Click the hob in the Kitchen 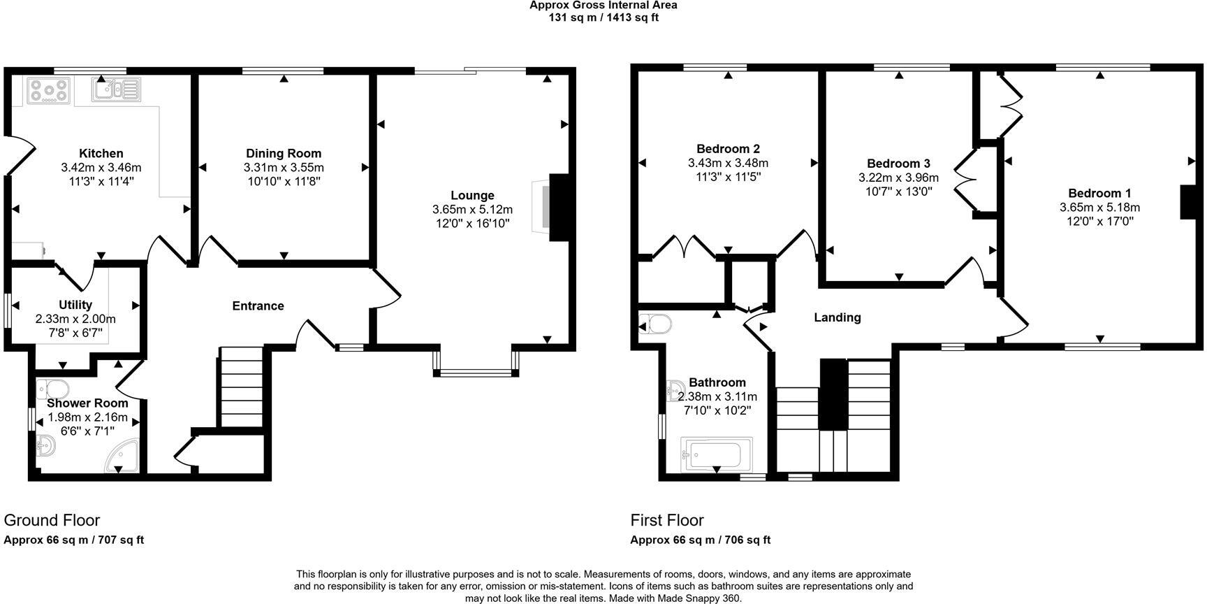click(49, 91)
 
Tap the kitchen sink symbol click(116, 89)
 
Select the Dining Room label click(284, 153)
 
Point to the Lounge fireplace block click(560, 207)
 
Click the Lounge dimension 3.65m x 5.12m click(472, 210)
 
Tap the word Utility click(75, 305)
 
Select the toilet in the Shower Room click(52, 387)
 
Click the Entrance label click(258, 305)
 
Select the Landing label click(837, 317)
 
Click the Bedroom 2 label click(728, 149)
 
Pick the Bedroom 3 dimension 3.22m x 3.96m click(898, 178)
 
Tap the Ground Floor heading click(52, 520)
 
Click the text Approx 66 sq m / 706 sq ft click(700, 540)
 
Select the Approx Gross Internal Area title click(603, 6)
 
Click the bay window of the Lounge click(476, 372)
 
